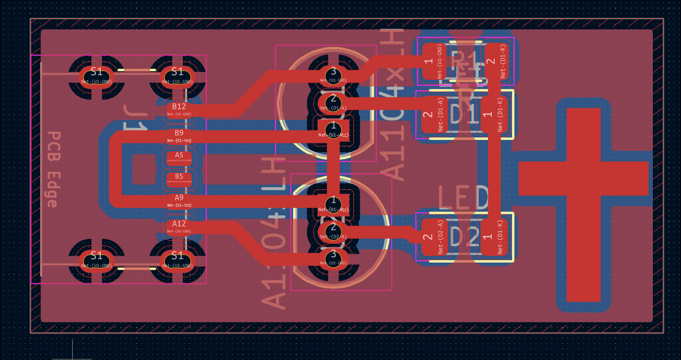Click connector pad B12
[x=179, y=109]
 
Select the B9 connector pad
[x=179, y=135]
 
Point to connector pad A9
[x=179, y=200]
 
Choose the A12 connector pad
[x=179, y=226]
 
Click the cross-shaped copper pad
[x=584, y=178]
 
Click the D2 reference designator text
[x=463, y=238]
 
